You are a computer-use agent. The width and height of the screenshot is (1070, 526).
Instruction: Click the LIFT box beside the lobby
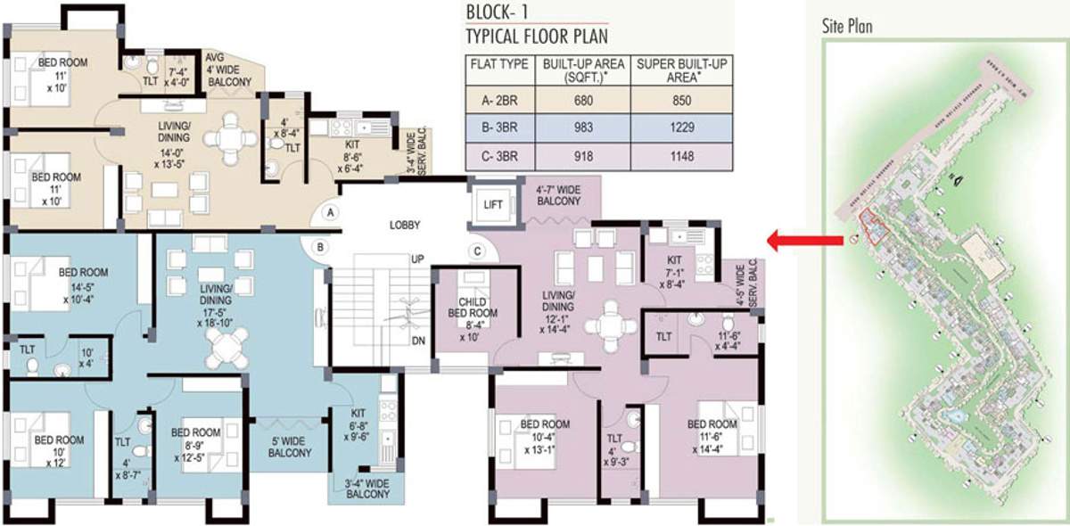tap(493, 204)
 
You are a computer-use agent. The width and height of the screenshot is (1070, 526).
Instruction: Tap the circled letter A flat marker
tap(331, 213)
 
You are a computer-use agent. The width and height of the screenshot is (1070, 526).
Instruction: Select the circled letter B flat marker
tap(320, 247)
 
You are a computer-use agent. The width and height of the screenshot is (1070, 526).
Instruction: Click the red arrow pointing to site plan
tap(805, 240)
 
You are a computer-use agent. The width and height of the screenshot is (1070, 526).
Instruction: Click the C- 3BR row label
tap(498, 156)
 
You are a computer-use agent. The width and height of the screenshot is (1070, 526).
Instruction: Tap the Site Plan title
tap(847, 27)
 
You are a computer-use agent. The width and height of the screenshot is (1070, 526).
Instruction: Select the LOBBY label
tap(404, 226)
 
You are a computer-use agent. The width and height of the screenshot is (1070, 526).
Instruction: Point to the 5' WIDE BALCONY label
tap(290, 447)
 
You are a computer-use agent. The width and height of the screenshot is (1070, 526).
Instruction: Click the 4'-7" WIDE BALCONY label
tap(558, 195)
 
